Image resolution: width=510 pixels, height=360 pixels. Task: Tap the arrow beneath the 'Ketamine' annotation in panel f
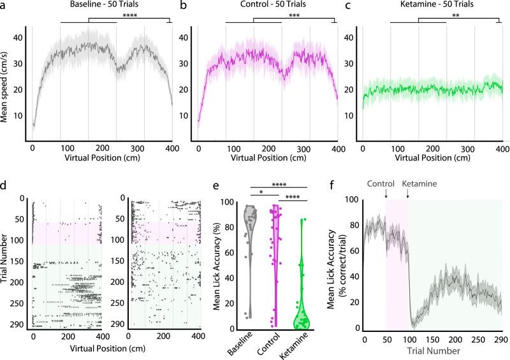pyautogui.click(x=408, y=193)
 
